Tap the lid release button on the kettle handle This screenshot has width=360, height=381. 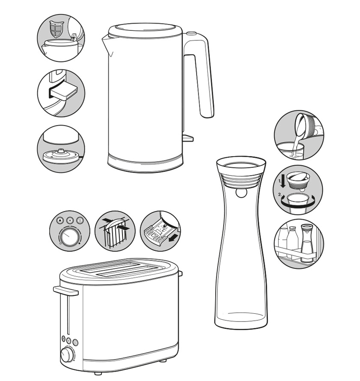[x=192, y=33]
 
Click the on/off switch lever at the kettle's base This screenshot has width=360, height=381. [x=188, y=138]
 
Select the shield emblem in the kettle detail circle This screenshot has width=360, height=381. [x=57, y=29]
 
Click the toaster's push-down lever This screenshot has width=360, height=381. [x=66, y=291]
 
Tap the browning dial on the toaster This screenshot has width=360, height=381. [x=67, y=355]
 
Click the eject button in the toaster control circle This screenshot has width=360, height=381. [x=60, y=220]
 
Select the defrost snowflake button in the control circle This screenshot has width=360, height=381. [x=70, y=220]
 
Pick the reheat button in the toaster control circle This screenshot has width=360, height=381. [x=80, y=220]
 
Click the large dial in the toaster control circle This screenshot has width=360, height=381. [x=69, y=237]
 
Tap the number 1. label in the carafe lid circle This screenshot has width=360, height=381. [x=280, y=181]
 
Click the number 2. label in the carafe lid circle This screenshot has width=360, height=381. [x=280, y=195]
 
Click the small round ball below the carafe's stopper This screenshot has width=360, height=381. [x=241, y=193]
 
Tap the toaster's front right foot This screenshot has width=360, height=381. [x=162, y=361]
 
